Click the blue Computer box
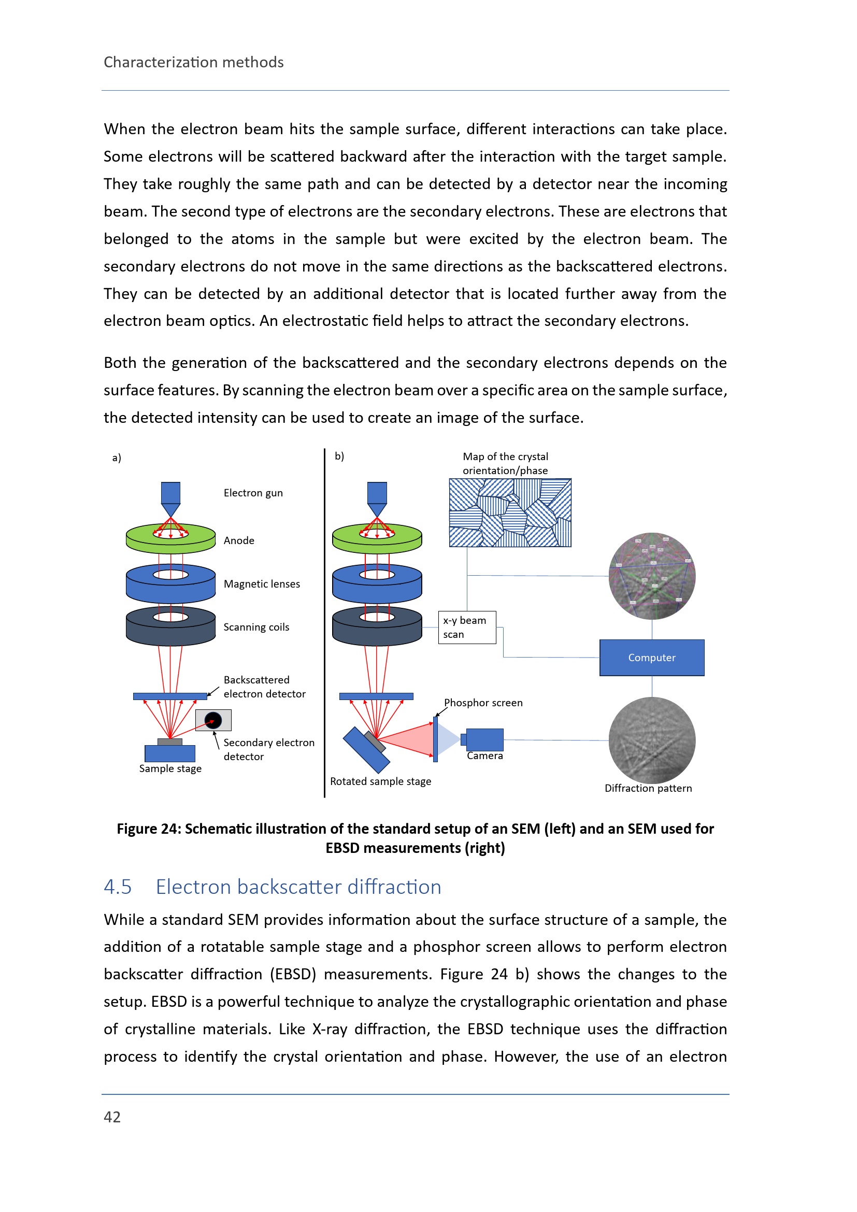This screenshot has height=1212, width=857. click(652, 658)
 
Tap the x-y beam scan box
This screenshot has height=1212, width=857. click(467, 627)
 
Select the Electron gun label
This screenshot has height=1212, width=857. click(253, 493)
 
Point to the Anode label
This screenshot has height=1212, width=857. click(239, 540)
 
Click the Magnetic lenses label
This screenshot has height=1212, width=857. click(262, 584)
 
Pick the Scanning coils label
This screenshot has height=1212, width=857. click(256, 627)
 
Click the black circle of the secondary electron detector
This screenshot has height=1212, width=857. click(213, 720)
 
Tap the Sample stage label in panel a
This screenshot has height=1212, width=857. click(170, 768)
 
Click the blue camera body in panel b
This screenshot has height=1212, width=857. click(484, 739)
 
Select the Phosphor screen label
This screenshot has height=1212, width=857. click(483, 703)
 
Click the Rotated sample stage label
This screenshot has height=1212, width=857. click(380, 781)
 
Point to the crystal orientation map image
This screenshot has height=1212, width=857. click(510, 512)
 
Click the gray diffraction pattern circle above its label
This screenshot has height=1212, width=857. click(652, 740)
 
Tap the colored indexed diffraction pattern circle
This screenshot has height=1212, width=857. click(652, 576)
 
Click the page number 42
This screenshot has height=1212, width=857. click(112, 1117)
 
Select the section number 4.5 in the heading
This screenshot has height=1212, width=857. click(118, 887)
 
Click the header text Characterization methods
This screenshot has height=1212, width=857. click(194, 62)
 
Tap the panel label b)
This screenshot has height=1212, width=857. click(339, 456)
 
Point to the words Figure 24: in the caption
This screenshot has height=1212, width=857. click(149, 829)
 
